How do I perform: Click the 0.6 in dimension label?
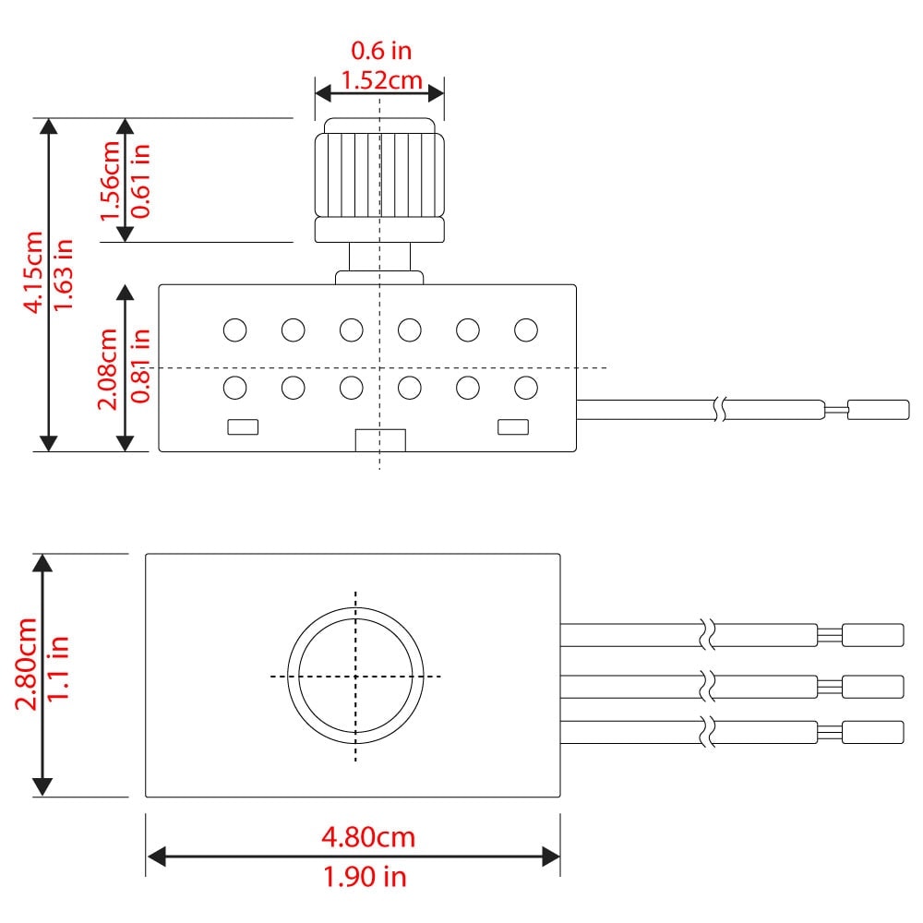point(381,51)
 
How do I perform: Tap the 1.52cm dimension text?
point(382,80)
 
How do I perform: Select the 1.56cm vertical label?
point(110,181)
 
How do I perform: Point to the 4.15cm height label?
point(33,272)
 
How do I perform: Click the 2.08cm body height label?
point(108,369)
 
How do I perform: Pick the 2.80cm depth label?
point(27,665)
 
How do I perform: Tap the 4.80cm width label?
point(368,837)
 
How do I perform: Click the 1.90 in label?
point(365,877)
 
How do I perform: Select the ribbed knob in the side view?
point(379,180)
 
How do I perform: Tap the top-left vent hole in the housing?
point(234,330)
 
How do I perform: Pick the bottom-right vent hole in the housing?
point(526,388)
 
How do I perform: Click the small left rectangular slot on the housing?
point(243,426)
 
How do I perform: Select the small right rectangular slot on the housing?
point(513,426)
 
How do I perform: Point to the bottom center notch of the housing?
point(380,440)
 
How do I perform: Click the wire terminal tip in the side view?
point(879,410)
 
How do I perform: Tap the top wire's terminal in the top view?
point(873,635)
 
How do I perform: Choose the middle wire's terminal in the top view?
point(873,687)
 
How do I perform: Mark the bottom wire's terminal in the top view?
point(873,732)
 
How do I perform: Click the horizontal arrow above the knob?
point(379,93)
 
